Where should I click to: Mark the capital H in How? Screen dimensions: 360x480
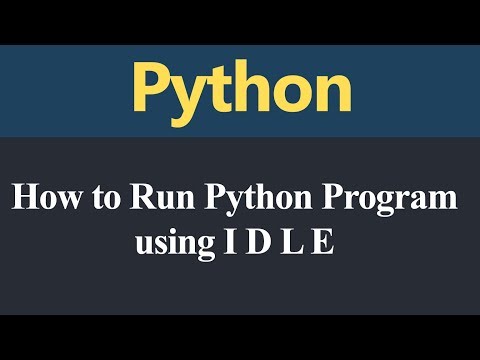[x=24, y=197]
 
